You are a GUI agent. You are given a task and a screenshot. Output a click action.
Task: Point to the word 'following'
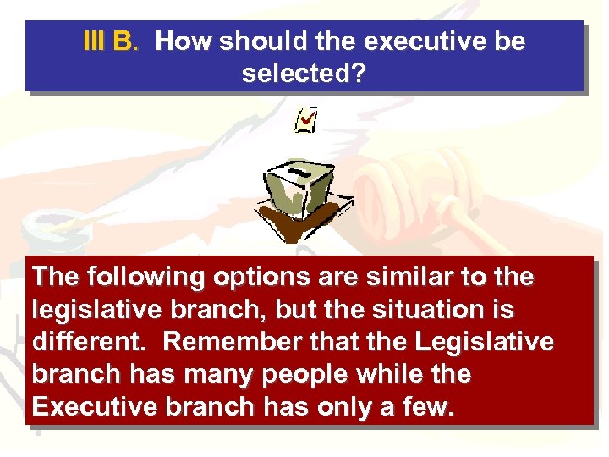[135, 278]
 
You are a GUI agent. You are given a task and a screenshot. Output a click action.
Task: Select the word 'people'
[310, 374]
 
